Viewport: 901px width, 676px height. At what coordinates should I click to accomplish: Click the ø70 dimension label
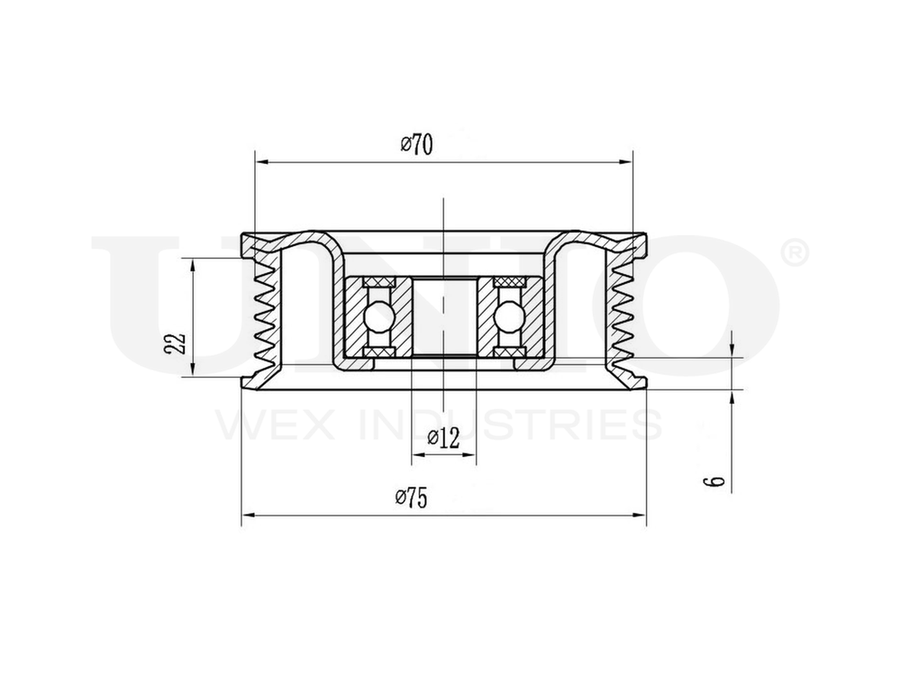[416, 144]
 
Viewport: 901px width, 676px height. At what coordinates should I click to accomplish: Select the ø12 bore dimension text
[443, 439]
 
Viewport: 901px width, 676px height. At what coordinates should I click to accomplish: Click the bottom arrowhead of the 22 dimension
[193, 373]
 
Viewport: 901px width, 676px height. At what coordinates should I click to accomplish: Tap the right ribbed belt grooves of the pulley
[621, 315]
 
